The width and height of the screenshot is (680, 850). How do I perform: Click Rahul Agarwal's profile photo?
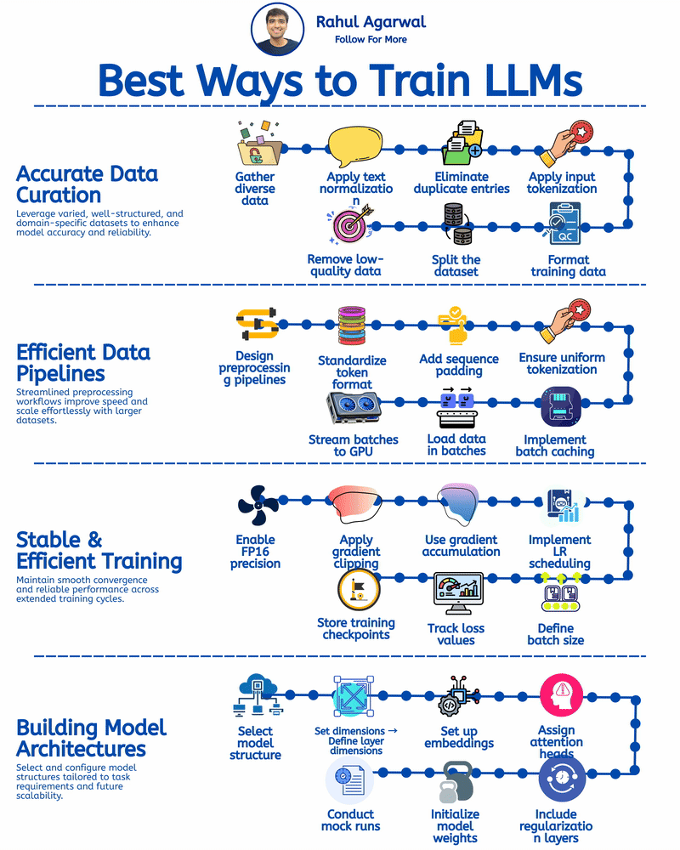[277, 29]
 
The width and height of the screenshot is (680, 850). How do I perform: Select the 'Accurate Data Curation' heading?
[87, 184]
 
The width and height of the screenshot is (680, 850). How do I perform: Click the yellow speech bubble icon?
[356, 146]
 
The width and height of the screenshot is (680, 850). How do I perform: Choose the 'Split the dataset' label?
[456, 265]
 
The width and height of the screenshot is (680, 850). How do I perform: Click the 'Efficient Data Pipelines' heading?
[83, 363]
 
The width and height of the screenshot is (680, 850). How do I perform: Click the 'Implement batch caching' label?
[555, 445]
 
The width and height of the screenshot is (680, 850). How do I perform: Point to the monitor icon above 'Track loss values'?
[457, 593]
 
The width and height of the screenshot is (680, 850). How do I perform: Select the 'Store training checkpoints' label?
[356, 628]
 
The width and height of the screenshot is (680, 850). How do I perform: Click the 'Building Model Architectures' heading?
[92, 738]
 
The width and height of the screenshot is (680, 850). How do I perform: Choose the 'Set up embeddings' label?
[459, 736]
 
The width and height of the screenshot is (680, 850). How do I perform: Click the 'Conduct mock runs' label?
[351, 819]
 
